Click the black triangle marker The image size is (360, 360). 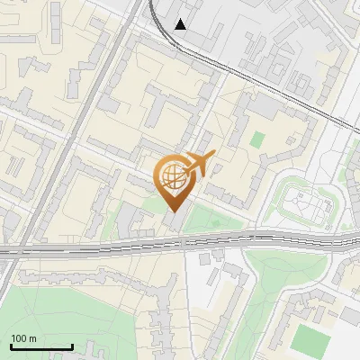[181, 24]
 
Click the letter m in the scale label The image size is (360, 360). [33, 338]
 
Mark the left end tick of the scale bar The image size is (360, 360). [11, 346]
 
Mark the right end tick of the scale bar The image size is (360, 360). [72, 346]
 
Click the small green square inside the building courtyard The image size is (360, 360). [258, 139]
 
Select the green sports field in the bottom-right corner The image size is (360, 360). [311, 339]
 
